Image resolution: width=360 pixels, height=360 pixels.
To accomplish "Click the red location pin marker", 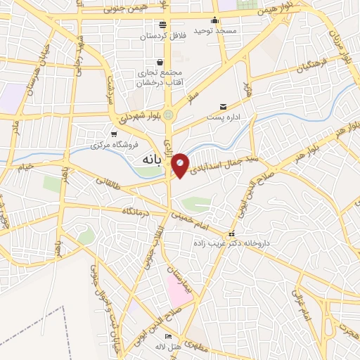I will pos(180,165).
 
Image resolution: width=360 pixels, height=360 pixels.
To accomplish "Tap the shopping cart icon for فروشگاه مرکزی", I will pos(114,134).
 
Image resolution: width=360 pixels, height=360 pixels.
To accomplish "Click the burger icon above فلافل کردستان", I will pos(162,25).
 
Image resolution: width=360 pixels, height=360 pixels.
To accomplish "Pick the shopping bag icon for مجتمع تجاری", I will pos(161,62).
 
